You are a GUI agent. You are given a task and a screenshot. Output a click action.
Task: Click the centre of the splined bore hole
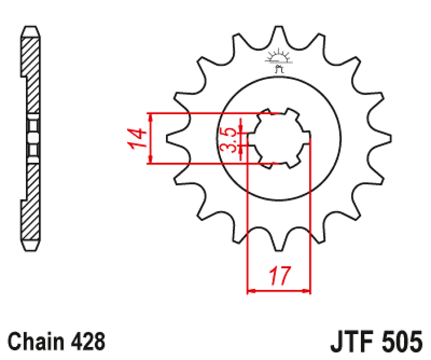[x=279, y=139]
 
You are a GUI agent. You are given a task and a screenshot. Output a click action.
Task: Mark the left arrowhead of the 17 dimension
[x=250, y=290]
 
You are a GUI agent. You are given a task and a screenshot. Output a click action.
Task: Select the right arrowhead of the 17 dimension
[x=308, y=290]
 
